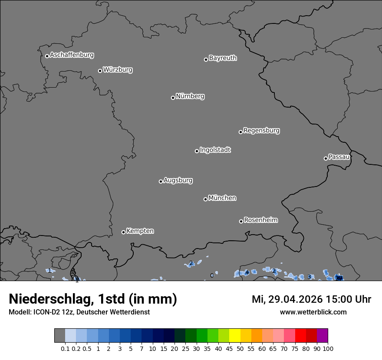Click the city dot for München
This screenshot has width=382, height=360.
205,199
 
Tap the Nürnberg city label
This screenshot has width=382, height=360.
190,96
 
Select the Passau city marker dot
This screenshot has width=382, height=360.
326,158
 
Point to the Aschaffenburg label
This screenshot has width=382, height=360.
72,55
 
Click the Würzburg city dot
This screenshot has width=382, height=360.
100,71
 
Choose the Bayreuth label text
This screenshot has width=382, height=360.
223,58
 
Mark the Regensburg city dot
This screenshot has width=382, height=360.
240,132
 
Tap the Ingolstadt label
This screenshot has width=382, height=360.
215,150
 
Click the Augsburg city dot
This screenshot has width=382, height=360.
161,181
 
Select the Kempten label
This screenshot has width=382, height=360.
140,231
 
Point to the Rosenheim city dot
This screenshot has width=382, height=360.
241,222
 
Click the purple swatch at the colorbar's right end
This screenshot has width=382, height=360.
323,335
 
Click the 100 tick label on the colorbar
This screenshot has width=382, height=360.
328,348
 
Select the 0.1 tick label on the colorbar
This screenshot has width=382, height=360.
65,348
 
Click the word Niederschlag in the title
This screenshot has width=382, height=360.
49,299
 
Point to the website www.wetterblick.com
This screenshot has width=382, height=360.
313,312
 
